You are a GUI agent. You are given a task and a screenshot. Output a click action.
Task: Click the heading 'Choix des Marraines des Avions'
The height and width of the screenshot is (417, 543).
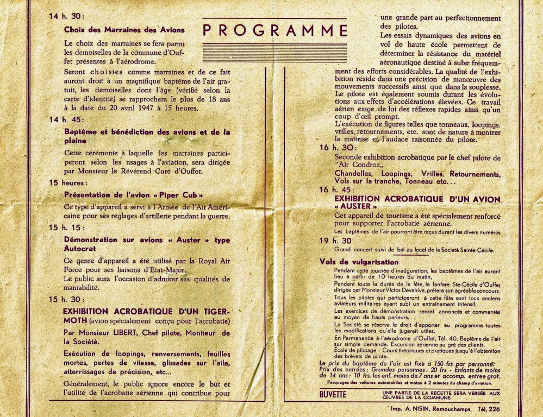124,30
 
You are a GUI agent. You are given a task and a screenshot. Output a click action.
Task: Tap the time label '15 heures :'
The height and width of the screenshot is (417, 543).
66,183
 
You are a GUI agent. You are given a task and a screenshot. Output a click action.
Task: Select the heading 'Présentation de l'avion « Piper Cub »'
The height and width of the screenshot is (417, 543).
134,194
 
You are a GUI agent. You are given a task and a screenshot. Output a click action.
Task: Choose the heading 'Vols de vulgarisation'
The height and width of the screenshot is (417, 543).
359,262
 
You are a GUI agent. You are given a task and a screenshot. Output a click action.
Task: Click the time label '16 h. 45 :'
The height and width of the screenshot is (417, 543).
338,189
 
